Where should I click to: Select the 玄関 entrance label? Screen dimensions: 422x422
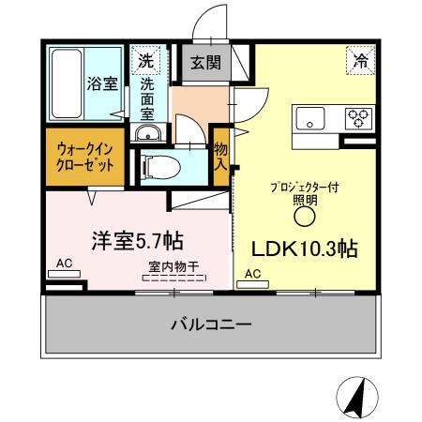pos(205,64)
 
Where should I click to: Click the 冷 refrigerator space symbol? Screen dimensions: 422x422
pos(361,60)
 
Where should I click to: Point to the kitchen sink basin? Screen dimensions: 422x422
pos(311,119)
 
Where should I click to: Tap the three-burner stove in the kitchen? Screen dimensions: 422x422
pos(358,119)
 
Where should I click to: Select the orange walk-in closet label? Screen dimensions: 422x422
pos(83,156)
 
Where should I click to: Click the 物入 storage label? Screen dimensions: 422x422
pos(220,156)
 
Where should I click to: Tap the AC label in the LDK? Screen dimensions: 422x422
pos(251,274)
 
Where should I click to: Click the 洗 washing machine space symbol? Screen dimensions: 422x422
pos(145,61)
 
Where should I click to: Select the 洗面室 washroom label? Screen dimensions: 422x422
pos(148,97)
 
